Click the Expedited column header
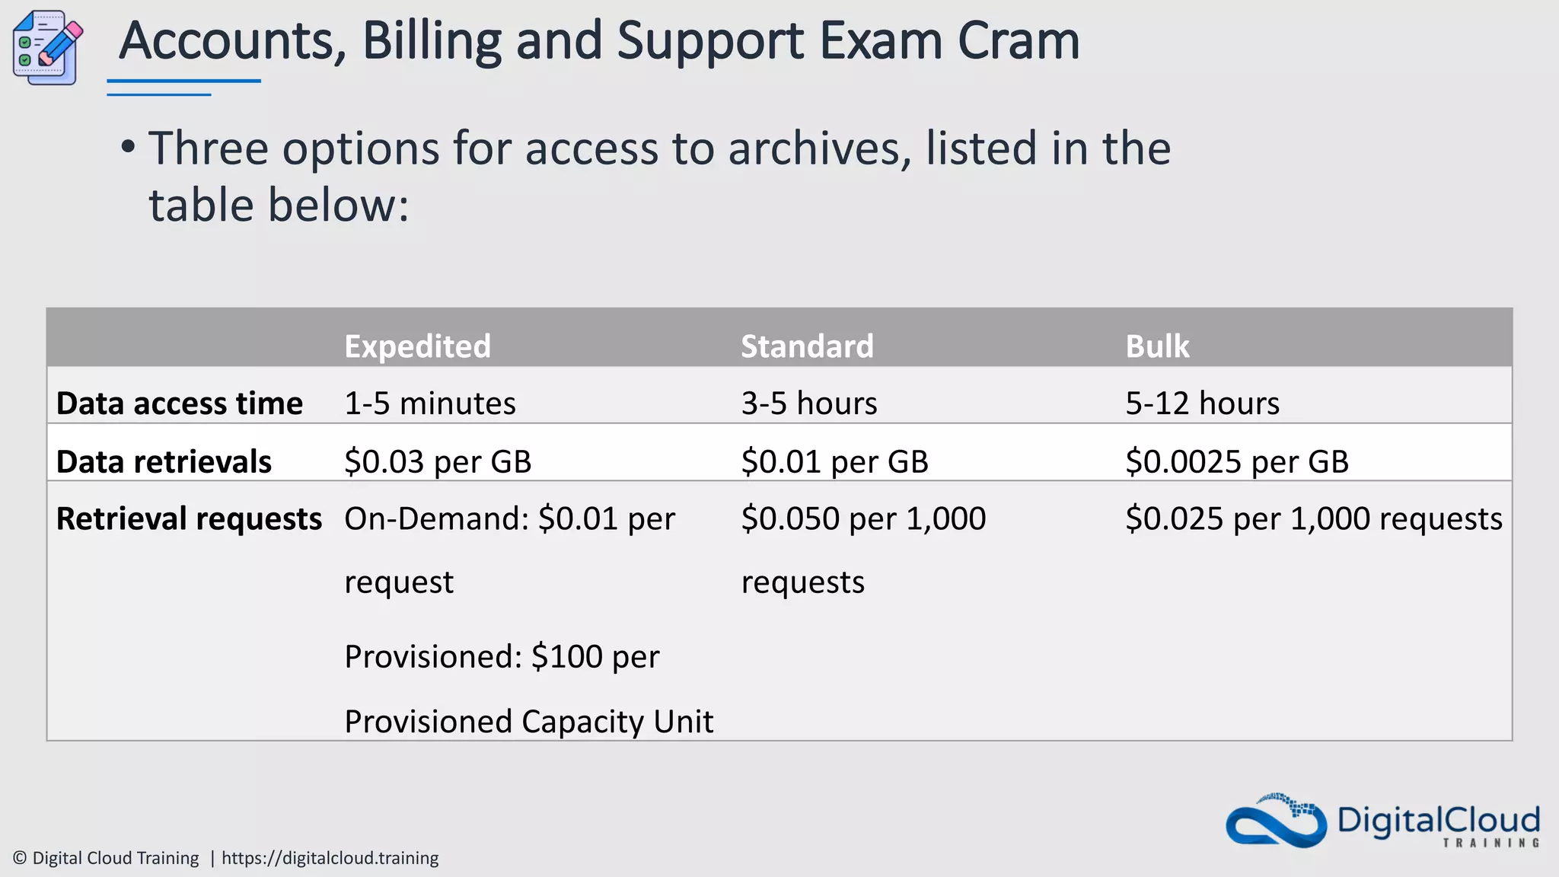pos(417,346)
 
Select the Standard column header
pos(807,346)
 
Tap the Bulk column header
pos(1157,346)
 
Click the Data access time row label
pos(180,403)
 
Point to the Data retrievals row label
pos(164,462)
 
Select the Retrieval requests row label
pos(189,519)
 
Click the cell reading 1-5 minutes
pos(430,403)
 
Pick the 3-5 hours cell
pos(809,403)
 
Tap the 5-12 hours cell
pos(1203,403)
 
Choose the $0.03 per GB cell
pos(438,462)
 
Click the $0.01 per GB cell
pos(835,462)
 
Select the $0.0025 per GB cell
pos(1237,462)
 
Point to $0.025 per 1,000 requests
pos(1314,519)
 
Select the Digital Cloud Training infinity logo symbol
pos(1276,823)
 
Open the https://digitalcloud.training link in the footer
pos(330,858)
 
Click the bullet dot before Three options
pos(128,147)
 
